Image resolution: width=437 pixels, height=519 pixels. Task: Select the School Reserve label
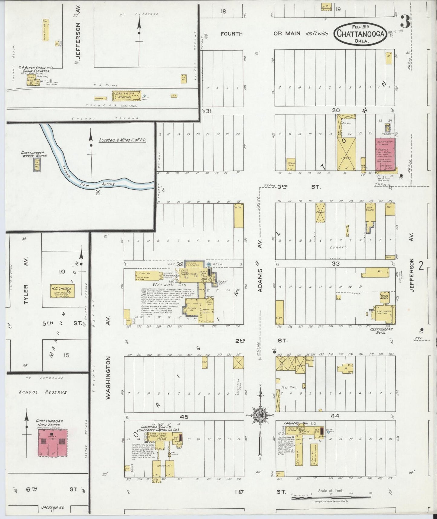click(43, 392)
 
